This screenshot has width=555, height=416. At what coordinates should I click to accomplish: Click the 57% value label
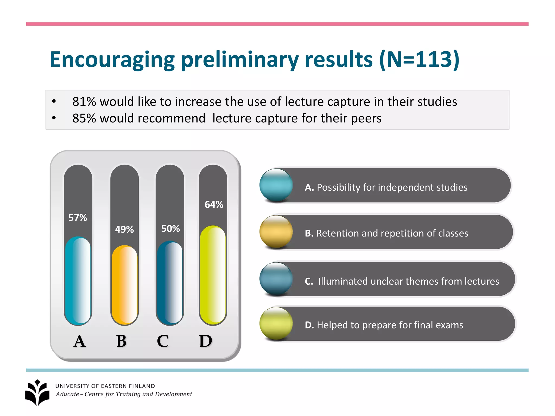click(x=78, y=218)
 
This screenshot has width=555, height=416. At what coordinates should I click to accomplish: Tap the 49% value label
click(x=124, y=229)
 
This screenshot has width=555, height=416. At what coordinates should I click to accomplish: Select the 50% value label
click(x=170, y=229)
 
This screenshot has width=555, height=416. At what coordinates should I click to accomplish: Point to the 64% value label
click(x=214, y=204)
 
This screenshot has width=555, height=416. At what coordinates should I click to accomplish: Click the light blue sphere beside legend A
click(x=276, y=185)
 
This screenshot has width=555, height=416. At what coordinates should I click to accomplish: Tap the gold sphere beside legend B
click(x=276, y=232)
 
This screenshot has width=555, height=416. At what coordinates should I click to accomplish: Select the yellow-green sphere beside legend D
click(x=276, y=323)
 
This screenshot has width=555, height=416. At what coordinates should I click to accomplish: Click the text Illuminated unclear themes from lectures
click(x=408, y=281)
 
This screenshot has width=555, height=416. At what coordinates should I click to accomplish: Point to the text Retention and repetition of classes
click(x=392, y=233)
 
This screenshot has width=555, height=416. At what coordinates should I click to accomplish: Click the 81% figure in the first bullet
click(x=84, y=102)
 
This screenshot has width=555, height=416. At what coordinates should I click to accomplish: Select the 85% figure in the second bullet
click(x=84, y=118)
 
